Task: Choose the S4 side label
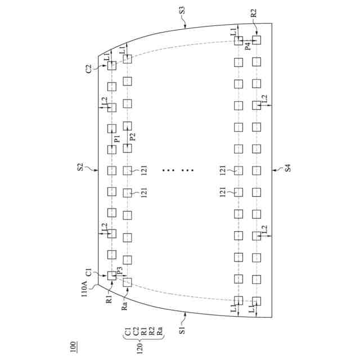click(x=287, y=167)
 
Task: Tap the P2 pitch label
click(x=133, y=137)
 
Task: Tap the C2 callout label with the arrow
click(x=89, y=69)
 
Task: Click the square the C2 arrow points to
click(x=111, y=65)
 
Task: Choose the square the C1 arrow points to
click(x=111, y=275)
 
